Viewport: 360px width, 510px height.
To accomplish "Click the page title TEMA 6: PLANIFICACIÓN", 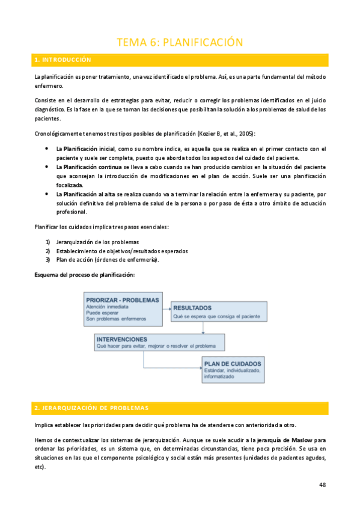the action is click(x=179, y=41).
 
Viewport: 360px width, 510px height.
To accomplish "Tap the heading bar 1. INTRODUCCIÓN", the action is click(x=180, y=60).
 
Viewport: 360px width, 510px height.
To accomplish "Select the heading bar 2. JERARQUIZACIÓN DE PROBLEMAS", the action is click(x=180, y=408).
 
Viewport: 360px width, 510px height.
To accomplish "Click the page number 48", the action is click(x=323, y=485).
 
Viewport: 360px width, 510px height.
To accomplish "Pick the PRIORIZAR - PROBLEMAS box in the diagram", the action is click(x=123, y=309).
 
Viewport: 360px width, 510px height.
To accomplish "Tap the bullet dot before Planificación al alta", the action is click(x=47, y=194).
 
